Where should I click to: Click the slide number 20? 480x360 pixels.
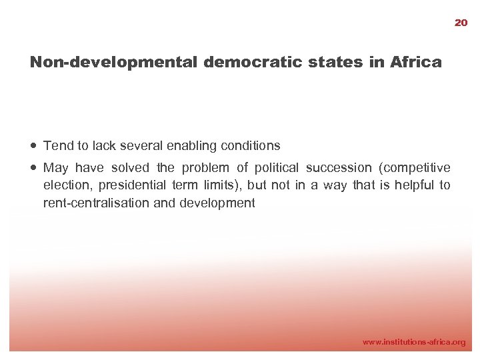tap(461, 23)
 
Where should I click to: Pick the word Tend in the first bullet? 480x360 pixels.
tap(56, 145)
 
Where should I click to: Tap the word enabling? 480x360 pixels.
tap(193, 145)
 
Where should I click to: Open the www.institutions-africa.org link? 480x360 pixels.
tap(413, 341)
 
